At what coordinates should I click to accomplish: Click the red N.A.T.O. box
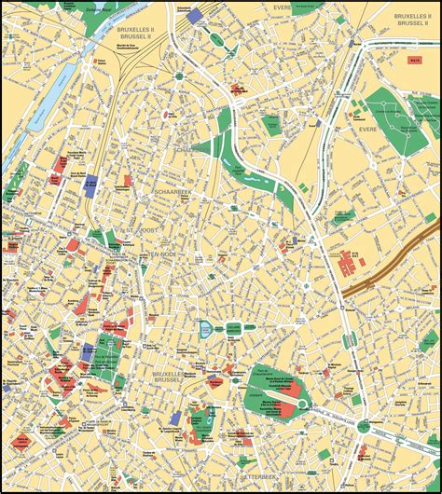pos(415,62)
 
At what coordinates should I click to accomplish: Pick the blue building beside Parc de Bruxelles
pos(88,351)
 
